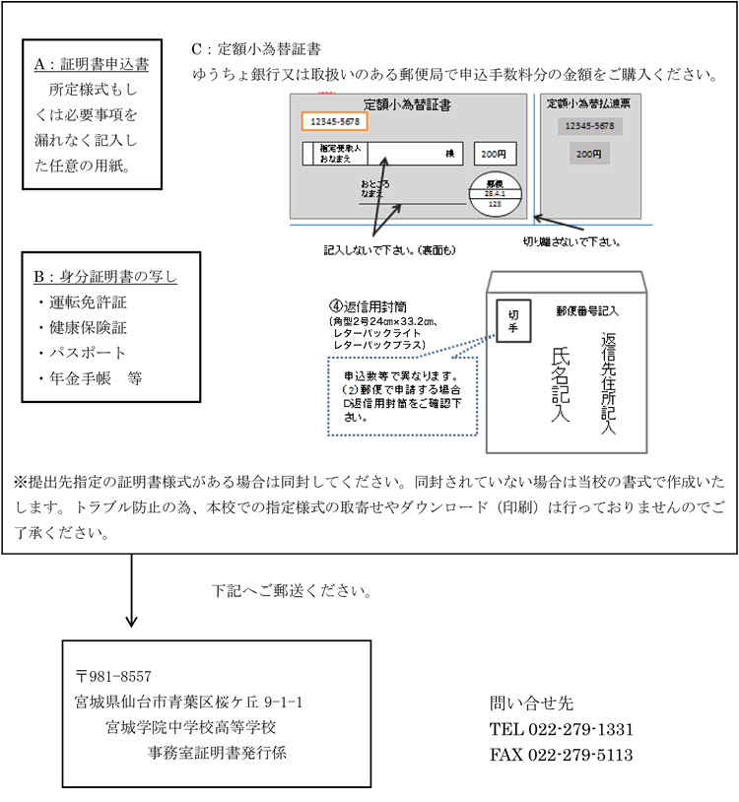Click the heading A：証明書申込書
[92, 65]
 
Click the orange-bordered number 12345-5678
[334, 121]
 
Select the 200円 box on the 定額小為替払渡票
[589, 154]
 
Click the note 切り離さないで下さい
[576, 240]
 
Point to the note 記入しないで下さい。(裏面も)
[389, 250]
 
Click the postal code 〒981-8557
[113, 676]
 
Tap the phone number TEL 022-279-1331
[561, 729]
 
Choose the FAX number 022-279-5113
[561, 755]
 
